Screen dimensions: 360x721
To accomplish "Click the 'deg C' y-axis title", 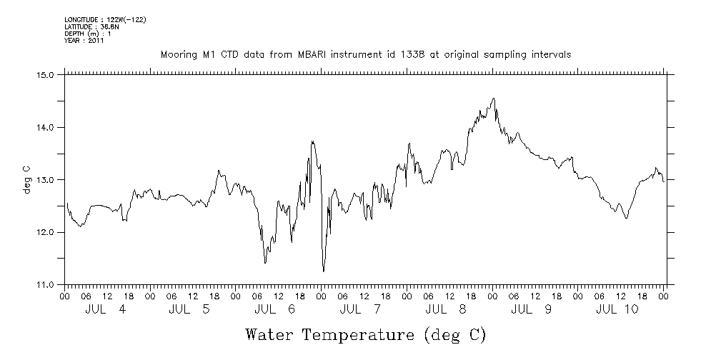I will click(x=26, y=179).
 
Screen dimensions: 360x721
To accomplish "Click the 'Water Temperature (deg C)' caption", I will click(x=366, y=334).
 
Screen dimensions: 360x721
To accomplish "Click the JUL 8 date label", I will click(x=449, y=309).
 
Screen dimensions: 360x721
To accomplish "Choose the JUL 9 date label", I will click(x=534, y=309).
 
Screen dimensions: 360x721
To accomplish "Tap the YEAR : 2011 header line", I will click(x=84, y=41).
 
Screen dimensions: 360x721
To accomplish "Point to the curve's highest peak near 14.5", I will click(x=493, y=99).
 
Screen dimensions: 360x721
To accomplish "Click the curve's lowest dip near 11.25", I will click(x=323, y=271).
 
